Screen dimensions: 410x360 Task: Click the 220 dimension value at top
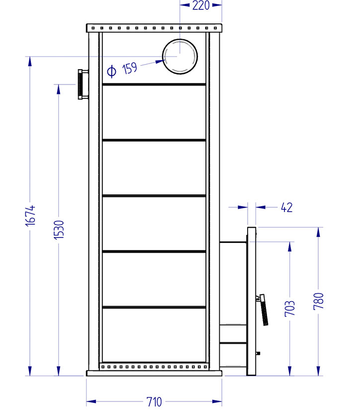click(x=201, y=6)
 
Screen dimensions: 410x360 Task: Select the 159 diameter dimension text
click(x=130, y=68)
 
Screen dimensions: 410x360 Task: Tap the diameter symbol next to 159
click(x=112, y=71)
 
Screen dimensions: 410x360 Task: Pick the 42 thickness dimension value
click(x=286, y=208)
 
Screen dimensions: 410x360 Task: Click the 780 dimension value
click(x=319, y=302)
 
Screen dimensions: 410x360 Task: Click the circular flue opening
click(x=180, y=56)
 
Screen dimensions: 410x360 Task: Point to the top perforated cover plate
click(x=154, y=27)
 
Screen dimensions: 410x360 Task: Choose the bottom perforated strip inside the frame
click(x=154, y=367)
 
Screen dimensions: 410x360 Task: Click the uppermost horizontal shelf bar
click(x=154, y=84)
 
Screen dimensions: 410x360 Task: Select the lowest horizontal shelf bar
click(x=154, y=307)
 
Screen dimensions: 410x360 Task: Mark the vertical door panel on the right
click(x=251, y=301)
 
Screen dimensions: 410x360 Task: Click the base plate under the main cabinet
click(x=154, y=373)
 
